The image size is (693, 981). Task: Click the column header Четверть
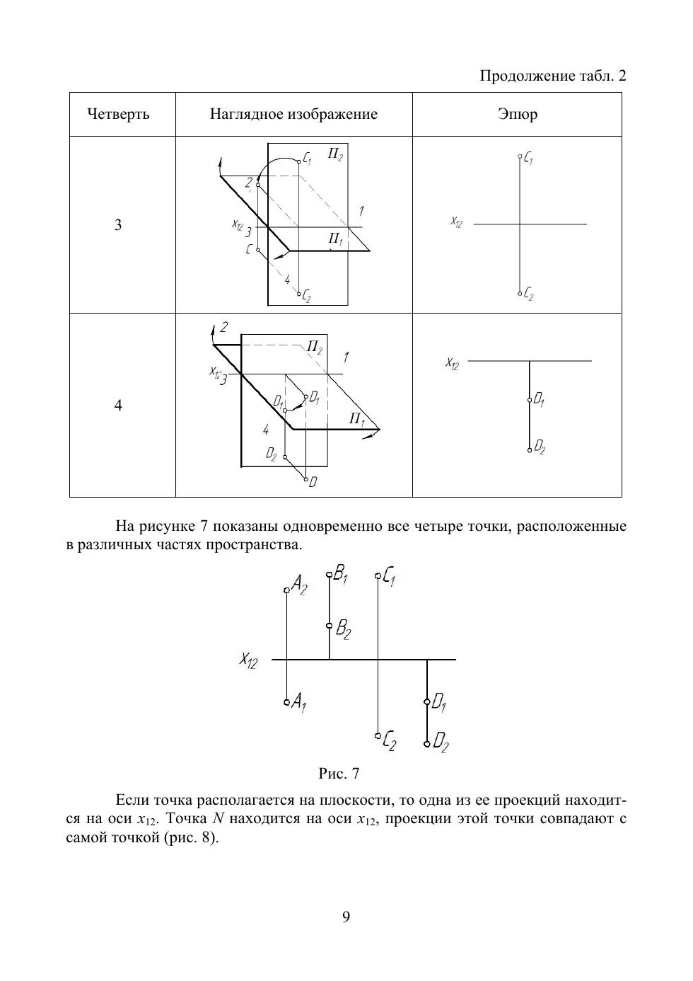(118, 114)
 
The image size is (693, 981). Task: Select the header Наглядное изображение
(293, 114)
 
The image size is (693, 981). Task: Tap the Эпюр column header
(517, 114)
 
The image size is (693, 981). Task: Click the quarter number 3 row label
(118, 225)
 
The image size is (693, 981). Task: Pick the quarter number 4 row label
(118, 405)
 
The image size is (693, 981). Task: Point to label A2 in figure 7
(300, 585)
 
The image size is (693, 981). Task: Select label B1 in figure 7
(342, 574)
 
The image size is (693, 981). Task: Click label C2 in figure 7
(389, 742)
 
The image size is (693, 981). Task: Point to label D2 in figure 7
(441, 742)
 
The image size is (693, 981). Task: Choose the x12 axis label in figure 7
(248, 660)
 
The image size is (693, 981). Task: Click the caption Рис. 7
(339, 773)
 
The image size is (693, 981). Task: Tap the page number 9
(346, 917)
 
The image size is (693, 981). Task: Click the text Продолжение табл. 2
(553, 76)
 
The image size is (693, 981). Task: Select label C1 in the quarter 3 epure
(528, 160)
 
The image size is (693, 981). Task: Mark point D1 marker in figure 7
(427, 702)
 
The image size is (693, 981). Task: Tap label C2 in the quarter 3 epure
(528, 295)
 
